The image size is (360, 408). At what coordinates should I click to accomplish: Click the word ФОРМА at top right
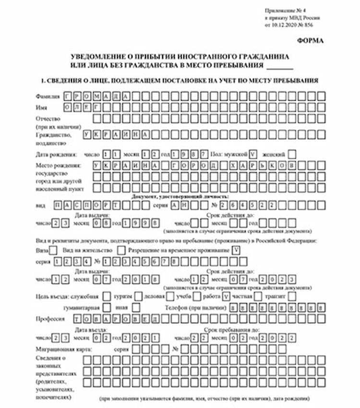coord(311,41)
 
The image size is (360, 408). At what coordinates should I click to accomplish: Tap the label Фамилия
coord(48,96)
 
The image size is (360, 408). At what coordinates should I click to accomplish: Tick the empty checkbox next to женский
coord(291,154)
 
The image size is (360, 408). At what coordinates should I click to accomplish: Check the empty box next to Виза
coord(54,250)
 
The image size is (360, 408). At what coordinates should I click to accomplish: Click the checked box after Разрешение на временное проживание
coord(236,250)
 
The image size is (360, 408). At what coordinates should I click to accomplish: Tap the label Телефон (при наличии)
coord(195,308)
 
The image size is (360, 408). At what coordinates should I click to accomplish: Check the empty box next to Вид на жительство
coord(120,250)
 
